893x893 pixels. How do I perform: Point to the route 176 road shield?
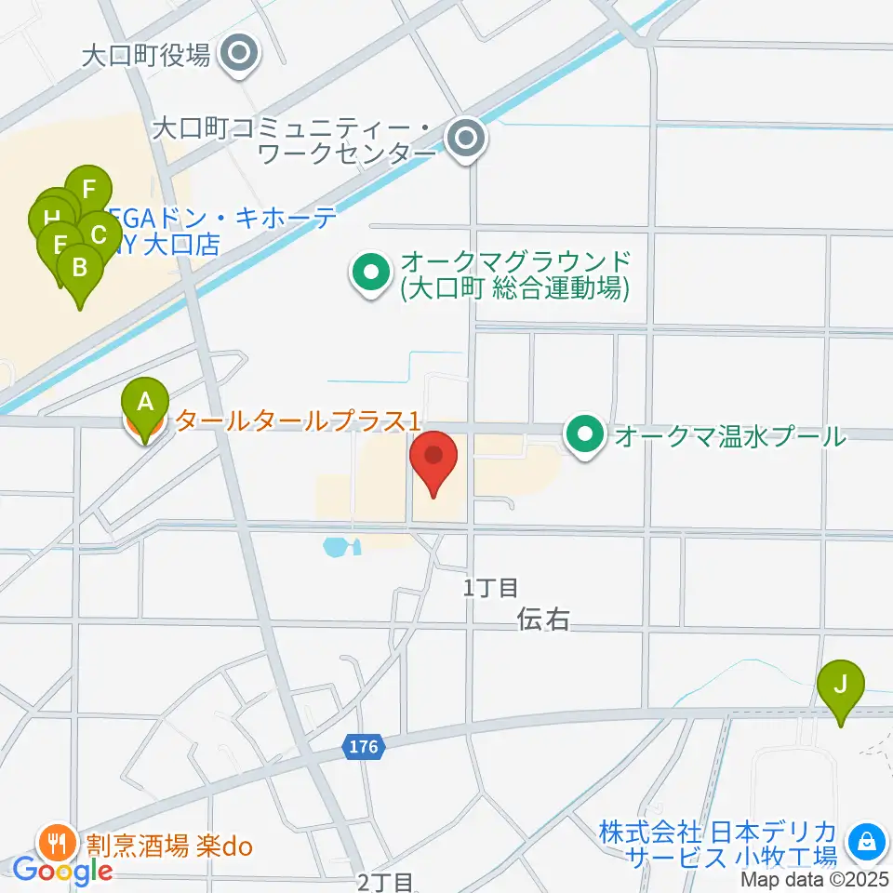tap(365, 746)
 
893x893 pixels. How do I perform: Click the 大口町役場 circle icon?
tap(241, 56)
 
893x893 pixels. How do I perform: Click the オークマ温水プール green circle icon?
tap(585, 434)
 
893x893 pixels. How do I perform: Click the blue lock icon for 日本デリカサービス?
tap(867, 843)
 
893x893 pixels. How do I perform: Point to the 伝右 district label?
tap(544, 620)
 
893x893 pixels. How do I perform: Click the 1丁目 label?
tap(491, 587)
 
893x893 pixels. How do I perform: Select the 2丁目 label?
tap(384, 881)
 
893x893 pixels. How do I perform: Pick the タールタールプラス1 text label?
tap(294, 421)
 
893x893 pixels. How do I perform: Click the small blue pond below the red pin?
tap(338, 546)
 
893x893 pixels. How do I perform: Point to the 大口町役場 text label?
tap(145, 57)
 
